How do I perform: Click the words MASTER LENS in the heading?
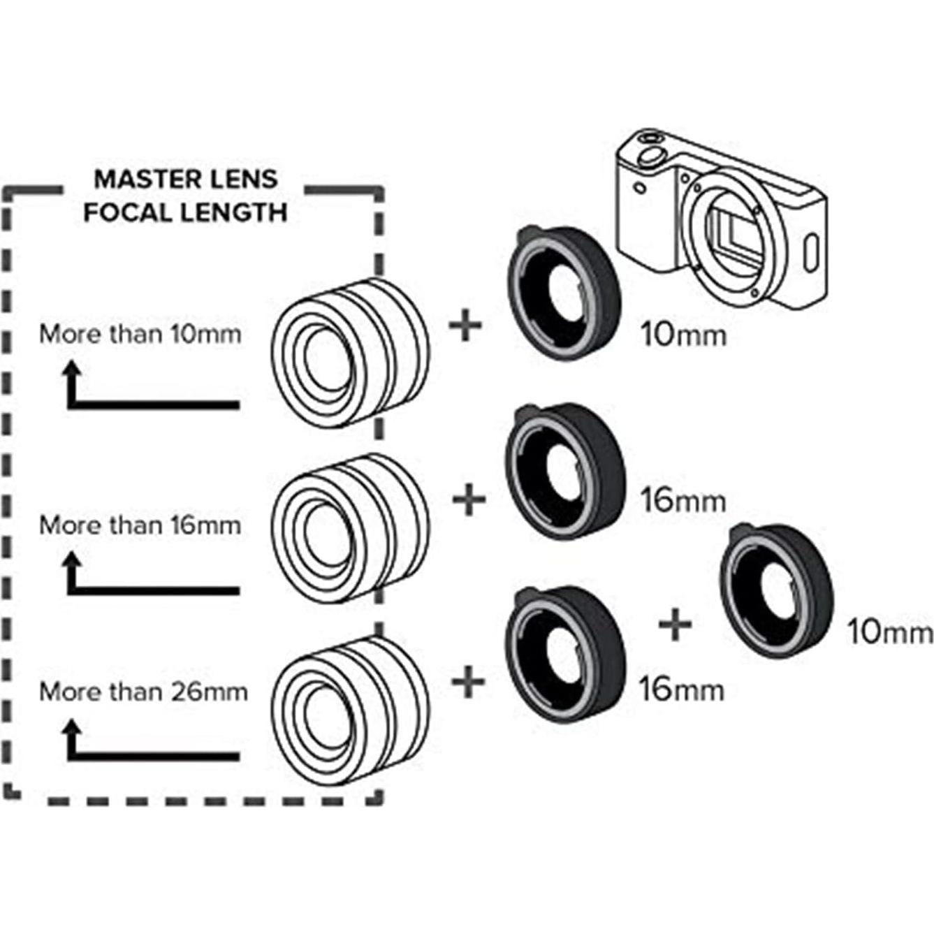tap(186, 180)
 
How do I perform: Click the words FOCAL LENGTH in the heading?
tap(185, 212)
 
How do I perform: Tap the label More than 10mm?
tap(140, 334)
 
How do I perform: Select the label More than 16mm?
tap(140, 525)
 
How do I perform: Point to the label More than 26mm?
tap(143, 692)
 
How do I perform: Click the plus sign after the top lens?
tap(465, 326)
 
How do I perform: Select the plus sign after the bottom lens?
tap(469, 682)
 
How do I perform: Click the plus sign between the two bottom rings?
tap(675, 624)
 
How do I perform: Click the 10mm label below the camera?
tap(683, 335)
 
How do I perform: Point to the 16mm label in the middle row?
tap(683, 500)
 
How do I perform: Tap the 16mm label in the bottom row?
tap(682, 689)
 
